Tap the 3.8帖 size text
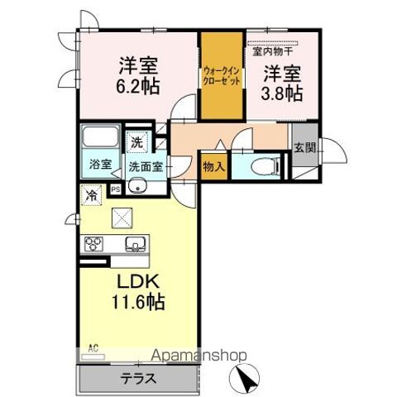(282, 93)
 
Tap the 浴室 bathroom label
(101, 164)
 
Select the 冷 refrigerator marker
(89, 196)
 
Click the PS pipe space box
(115, 189)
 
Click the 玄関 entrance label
(304, 148)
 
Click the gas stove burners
(93, 244)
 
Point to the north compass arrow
(246, 379)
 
